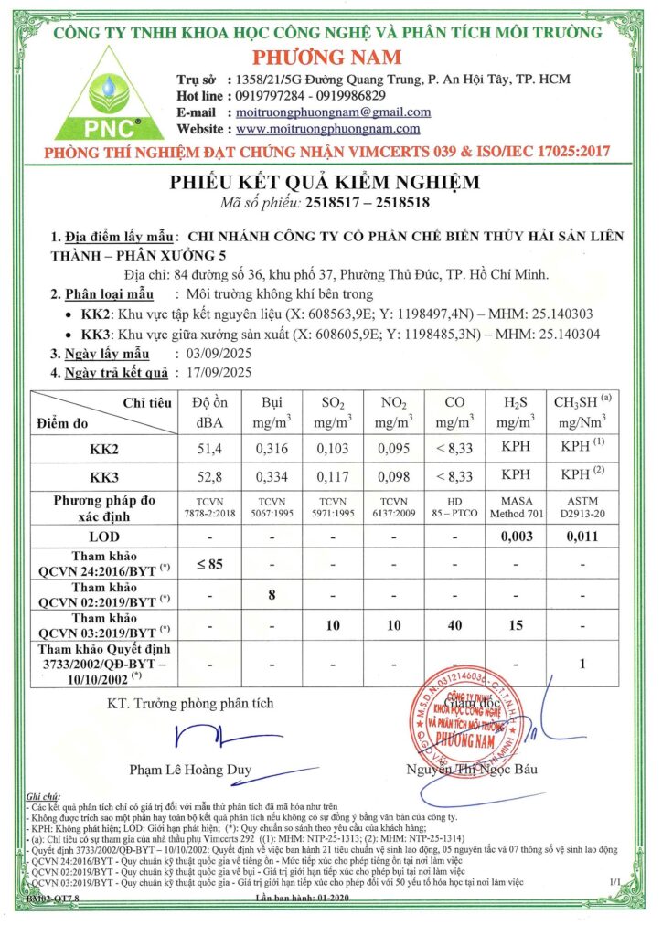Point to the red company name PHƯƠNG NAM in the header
tap(330, 57)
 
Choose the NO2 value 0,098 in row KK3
tap(392, 475)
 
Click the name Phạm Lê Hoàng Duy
tap(190, 770)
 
